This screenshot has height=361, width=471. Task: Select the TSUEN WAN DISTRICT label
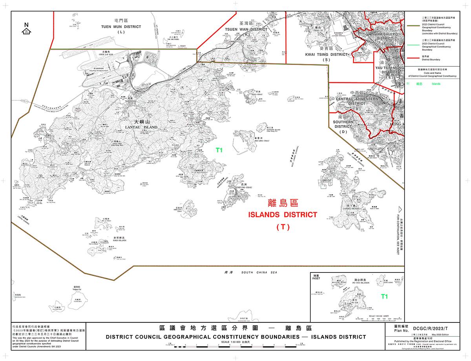245,29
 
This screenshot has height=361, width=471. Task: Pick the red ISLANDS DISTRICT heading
282,215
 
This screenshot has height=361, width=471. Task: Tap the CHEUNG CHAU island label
245,188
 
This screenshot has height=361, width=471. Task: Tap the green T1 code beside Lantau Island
219,150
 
